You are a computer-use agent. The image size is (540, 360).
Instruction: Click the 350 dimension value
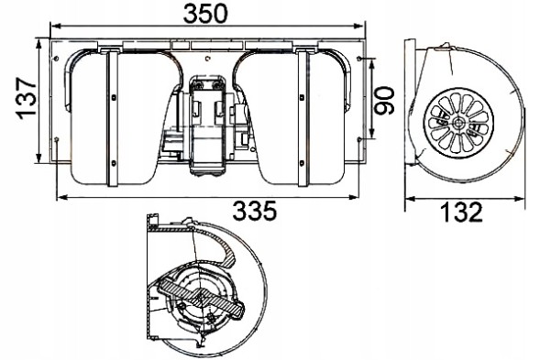click(x=205, y=14)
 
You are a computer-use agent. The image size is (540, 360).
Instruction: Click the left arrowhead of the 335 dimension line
click(x=58, y=195)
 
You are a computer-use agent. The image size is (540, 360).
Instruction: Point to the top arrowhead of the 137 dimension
click(x=38, y=40)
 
